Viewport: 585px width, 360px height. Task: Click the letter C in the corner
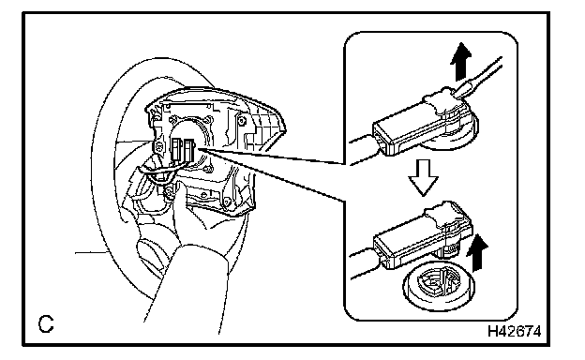[46, 323]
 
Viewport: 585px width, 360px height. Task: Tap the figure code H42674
[514, 331]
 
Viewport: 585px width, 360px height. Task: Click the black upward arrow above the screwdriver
[461, 62]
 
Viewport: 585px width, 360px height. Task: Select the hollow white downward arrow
[423, 177]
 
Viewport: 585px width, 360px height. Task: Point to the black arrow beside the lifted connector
[477, 254]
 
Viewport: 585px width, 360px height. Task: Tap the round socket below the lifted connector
[439, 286]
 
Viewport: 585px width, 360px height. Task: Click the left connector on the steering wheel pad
[176, 149]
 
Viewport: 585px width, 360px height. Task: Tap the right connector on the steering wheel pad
[189, 150]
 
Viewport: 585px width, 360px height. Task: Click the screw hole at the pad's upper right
[242, 121]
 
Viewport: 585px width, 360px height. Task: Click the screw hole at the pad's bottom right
[226, 202]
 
